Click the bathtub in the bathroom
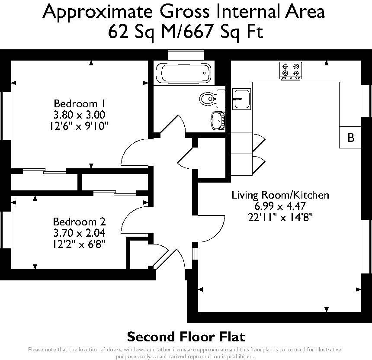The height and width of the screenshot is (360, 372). pos(183,73)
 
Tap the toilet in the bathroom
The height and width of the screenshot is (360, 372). pos(209,99)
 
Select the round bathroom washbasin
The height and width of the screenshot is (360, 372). pos(218,120)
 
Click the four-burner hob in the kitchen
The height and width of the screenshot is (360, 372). pos(290,71)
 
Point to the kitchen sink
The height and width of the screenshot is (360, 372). pos(241,99)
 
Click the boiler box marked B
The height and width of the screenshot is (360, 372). pos(351,138)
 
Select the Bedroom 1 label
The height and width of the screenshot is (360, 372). pos(80,104)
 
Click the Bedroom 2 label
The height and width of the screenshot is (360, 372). pos(79,222)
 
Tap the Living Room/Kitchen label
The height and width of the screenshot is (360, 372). pos(280,195)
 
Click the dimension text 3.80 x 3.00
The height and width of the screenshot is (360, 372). pos(80,115)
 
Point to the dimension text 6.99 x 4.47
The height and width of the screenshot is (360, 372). pos(280,206)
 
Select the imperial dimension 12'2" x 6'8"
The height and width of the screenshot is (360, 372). pos(79,244)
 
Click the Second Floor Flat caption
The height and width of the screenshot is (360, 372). pos(186,336)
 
